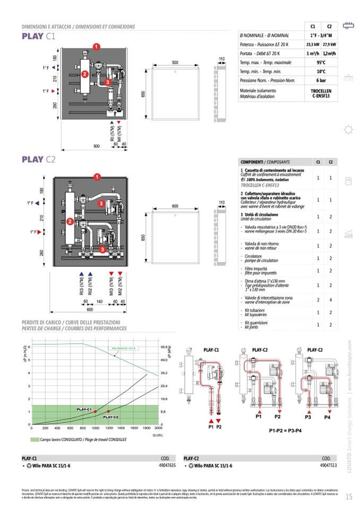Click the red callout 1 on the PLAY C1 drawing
click(97, 47)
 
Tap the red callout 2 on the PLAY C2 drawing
click(70, 221)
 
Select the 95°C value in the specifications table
click(321, 62)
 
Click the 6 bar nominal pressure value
click(321, 81)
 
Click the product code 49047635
click(167, 465)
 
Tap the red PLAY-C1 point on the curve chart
click(95, 412)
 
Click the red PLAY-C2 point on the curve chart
click(108, 411)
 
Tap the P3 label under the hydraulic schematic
click(308, 417)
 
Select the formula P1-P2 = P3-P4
click(289, 430)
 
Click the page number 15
click(348, 497)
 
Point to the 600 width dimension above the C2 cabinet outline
click(174, 206)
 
